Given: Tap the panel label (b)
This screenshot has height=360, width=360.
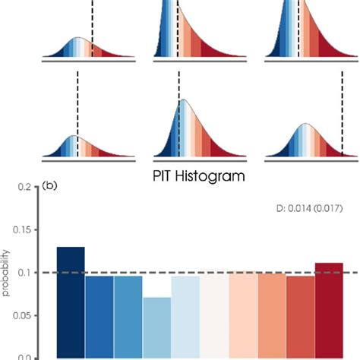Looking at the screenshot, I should [x=51, y=185].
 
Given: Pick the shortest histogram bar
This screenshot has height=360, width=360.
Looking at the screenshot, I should [x=156, y=327].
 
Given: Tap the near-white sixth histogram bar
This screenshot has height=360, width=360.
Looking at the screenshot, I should [x=214, y=314].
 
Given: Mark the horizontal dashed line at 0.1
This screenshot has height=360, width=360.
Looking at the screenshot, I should [x=190, y=273].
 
